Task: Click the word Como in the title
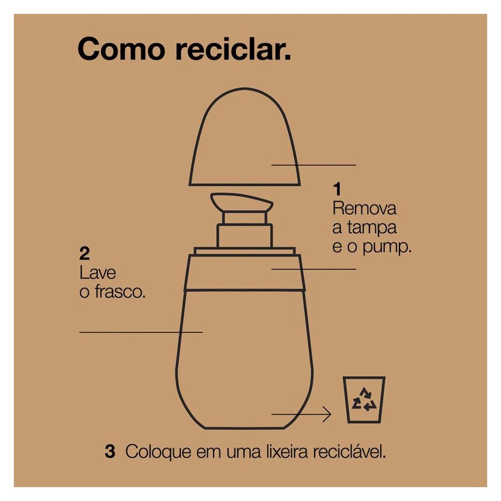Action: (x=121, y=49)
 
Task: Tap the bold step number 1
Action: (x=337, y=189)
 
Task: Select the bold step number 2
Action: (x=84, y=254)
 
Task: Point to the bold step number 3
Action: (x=110, y=452)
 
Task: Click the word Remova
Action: (x=364, y=208)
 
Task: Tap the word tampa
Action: (x=372, y=228)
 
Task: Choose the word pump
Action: (x=387, y=248)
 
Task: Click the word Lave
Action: (x=98, y=273)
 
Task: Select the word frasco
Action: (x=120, y=291)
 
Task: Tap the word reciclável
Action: (x=349, y=452)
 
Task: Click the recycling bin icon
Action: (x=364, y=400)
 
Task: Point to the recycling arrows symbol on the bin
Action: (x=364, y=399)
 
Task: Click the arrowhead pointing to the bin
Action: (x=327, y=414)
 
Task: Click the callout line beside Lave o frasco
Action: (x=141, y=332)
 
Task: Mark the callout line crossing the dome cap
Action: (x=314, y=165)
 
